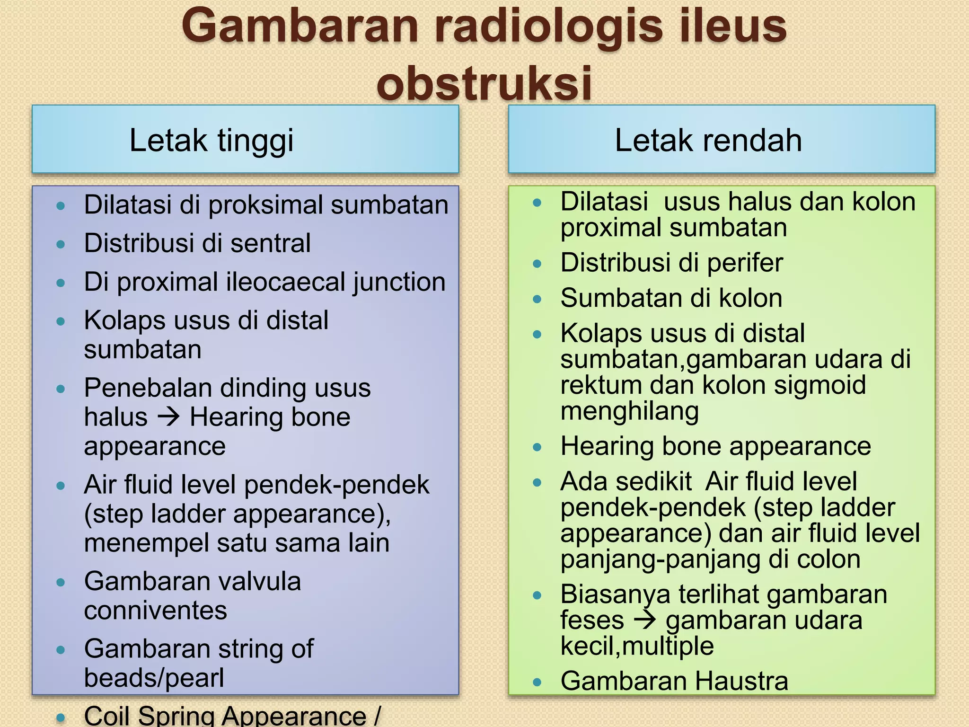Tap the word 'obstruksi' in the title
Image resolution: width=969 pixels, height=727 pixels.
pos(484,83)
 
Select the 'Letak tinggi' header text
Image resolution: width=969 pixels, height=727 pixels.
pos(211,141)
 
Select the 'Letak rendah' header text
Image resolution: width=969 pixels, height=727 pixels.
pos(708,141)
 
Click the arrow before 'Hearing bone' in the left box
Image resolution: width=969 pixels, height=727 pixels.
pos(168,417)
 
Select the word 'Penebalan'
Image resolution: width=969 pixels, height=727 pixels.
pos(148,388)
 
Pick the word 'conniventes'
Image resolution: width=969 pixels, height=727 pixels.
pos(155,611)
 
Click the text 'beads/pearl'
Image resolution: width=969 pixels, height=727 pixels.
pos(154,678)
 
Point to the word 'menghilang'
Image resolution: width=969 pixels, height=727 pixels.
pos(629,411)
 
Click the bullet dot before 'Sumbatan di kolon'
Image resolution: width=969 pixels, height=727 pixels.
pos(537,299)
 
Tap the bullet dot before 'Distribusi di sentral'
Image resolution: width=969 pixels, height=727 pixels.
pos(61,244)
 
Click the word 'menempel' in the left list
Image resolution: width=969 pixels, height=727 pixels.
pos(146,543)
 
